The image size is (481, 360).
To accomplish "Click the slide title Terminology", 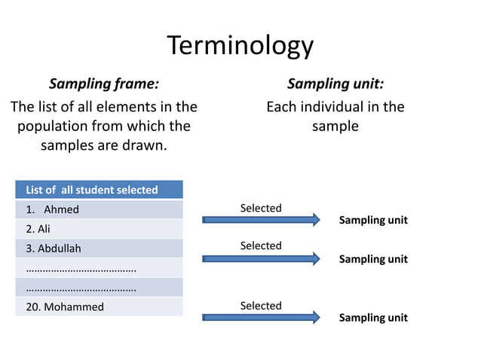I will pos(240,46).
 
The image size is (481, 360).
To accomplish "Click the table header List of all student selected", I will pos(99,190).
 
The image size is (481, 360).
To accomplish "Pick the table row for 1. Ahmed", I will pos(99,209).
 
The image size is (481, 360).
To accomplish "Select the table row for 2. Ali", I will pos(99,229).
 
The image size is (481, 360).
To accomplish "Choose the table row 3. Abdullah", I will pos(99,249).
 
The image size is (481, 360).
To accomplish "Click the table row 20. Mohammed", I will pos(99,307).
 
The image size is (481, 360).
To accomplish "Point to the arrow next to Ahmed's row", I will pos(261,220).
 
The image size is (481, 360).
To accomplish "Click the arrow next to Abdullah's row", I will pos(261,258).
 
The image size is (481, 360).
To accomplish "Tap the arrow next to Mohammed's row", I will pos(261,318).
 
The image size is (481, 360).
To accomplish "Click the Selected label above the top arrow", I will pos(260,208).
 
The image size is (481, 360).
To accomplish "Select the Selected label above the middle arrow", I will pos(260,246).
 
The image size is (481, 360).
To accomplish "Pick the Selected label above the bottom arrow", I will pos(260,306).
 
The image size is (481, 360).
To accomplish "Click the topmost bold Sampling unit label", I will pos(372,221).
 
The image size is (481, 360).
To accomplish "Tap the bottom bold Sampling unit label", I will pos(372,318).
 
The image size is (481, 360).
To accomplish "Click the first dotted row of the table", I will pos(99,268).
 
